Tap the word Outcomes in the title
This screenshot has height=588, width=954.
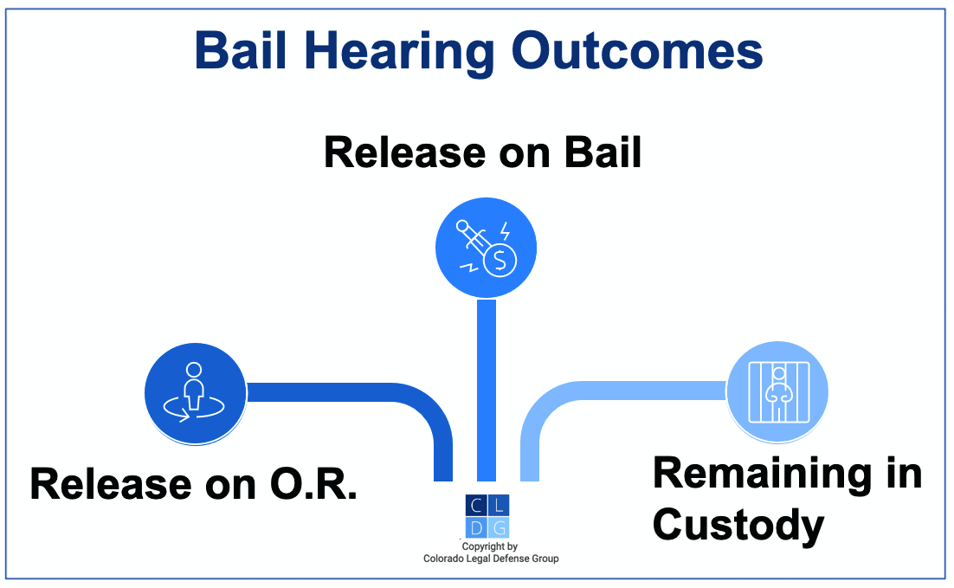(635, 52)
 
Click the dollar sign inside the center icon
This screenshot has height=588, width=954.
(499, 261)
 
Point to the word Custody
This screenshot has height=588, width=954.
(738, 524)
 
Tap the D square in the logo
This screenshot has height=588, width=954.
(476, 527)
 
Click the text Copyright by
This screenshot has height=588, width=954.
(490, 546)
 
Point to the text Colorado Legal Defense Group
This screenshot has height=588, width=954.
(491, 559)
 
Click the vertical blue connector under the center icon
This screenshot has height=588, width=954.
(487, 390)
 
